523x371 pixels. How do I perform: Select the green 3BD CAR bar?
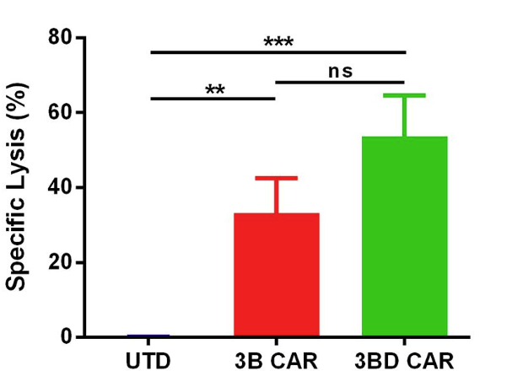(x=404, y=236)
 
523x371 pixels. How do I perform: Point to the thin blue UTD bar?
(x=149, y=336)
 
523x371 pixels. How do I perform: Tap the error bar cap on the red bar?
(x=276, y=178)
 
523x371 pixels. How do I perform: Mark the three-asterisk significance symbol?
(x=278, y=42)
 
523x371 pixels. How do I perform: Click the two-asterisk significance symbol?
(x=214, y=89)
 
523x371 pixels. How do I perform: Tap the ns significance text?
(x=340, y=71)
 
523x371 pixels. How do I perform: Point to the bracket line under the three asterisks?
(x=278, y=52)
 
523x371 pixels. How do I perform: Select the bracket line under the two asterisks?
(x=213, y=99)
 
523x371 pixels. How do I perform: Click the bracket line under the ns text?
(x=340, y=82)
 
